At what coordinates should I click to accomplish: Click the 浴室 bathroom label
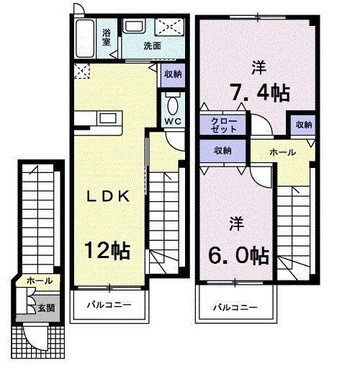click(x=107, y=37)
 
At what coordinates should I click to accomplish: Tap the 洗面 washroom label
click(x=153, y=45)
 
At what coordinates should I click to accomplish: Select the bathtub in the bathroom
click(x=85, y=38)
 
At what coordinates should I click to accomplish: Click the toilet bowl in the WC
click(x=173, y=105)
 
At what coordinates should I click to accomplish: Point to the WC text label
click(x=173, y=121)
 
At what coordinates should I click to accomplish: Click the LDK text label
click(x=108, y=197)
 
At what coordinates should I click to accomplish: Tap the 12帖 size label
click(x=107, y=250)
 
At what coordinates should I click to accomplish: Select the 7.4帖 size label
click(x=260, y=92)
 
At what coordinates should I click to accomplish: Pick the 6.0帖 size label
click(x=239, y=255)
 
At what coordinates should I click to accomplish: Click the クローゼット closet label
click(x=224, y=125)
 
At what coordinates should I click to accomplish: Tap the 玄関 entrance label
click(x=46, y=308)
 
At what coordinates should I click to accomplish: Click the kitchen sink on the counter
click(x=108, y=119)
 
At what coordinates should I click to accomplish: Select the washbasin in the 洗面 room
click(x=134, y=26)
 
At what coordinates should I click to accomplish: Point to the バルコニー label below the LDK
click(x=109, y=305)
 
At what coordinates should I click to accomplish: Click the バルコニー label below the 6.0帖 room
click(x=235, y=308)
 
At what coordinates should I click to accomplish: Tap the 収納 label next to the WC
click(x=174, y=74)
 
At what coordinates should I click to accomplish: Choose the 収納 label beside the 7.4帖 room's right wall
click(x=304, y=125)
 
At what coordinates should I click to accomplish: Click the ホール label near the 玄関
click(x=40, y=281)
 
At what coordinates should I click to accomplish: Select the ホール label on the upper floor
click(x=283, y=152)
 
